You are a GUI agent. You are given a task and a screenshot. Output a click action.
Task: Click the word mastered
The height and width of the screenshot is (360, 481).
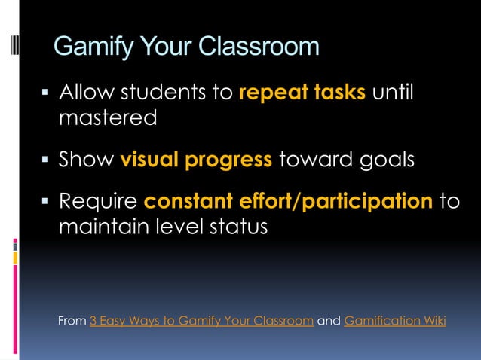pos(108,118)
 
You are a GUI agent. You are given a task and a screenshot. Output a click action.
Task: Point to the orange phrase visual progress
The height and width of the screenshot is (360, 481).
pos(197,160)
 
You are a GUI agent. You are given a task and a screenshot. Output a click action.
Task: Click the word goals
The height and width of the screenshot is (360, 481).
pos(386,160)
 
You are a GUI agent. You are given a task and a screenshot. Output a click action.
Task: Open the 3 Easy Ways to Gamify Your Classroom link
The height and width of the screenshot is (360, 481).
pos(201,321)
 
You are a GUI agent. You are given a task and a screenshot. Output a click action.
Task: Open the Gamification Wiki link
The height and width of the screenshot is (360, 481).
pos(395,321)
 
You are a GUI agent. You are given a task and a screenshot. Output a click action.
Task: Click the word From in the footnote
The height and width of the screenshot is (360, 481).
pos(72,321)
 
